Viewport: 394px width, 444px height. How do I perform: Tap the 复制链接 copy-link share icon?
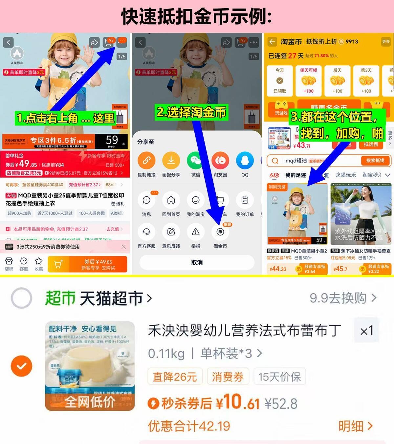pos(146,161)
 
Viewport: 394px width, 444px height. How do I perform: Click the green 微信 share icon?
pos(196,161)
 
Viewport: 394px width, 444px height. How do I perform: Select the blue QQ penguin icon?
pos(245,161)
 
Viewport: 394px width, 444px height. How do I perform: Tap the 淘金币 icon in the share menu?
pos(220,232)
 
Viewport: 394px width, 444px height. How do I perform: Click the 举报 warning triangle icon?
pos(196,232)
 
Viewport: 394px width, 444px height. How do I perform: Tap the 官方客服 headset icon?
pos(146,232)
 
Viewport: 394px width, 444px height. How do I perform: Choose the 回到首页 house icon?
pos(171,200)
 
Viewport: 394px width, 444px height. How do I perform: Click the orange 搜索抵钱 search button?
pos(375,161)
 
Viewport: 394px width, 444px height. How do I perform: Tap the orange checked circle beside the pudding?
pos(22,366)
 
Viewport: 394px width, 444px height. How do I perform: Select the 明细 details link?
pos(355,426)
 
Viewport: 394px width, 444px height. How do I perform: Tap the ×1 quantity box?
pos(366,331)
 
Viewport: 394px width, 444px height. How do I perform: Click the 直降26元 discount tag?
pos(175,377)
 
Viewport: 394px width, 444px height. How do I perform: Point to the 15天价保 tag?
pos(279,377)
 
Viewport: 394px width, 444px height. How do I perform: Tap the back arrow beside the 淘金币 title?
pos(272,42)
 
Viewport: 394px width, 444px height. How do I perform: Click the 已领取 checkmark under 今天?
pos(280,81)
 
